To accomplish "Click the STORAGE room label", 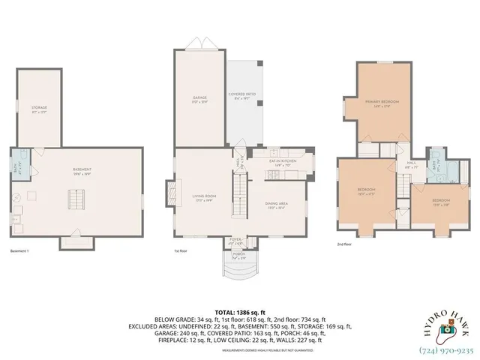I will [x=39, y=109].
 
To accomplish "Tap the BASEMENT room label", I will [x=82, y=170].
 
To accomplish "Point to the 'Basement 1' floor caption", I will [x=21, y=251].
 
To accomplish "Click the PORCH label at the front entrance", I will [x=238, y=255].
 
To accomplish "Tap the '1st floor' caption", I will [x=180, y=251].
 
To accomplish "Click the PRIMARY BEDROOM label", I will [x=382, y=103].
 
